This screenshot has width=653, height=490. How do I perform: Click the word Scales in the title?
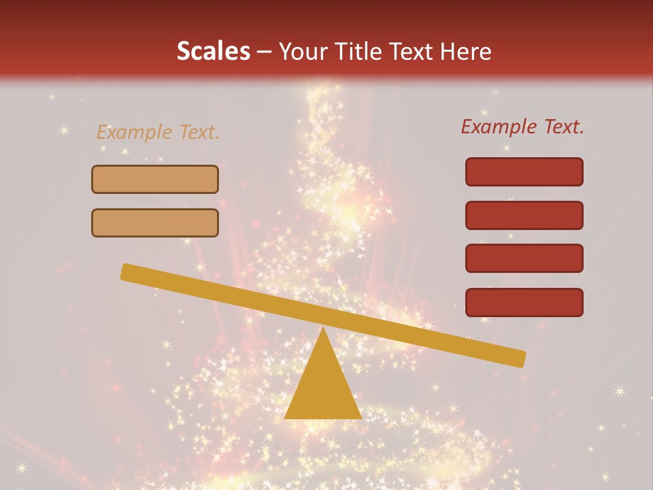pyautogui.click(x=213, y=52)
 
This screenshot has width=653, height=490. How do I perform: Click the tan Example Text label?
pyautogui.click(x=158, y=132)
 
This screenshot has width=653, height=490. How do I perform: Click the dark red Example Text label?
pyautogui.click(x=522, y=127)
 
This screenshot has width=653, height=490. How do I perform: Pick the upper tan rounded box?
pyautogui.click(x=155, y=179)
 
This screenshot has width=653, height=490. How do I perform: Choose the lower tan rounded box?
pyautogui.click(x=155, y=223)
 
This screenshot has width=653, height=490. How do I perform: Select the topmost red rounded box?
pyautogui.click(x=524, y=171)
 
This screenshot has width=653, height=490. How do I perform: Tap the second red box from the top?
pyautogui.click(x=524, y=215)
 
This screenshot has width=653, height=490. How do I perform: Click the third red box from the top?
pyautogui.click(x=524, y=259)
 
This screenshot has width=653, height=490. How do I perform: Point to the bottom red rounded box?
pyautogui.click(x=524, y=302)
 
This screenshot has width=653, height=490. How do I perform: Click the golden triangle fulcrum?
pyautogui.click(x=323, y=388)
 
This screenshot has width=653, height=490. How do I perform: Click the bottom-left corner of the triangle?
pyautogui.click(x=286, y=417)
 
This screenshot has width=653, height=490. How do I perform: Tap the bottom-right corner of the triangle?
pyautogui.click(x=361, y=417)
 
